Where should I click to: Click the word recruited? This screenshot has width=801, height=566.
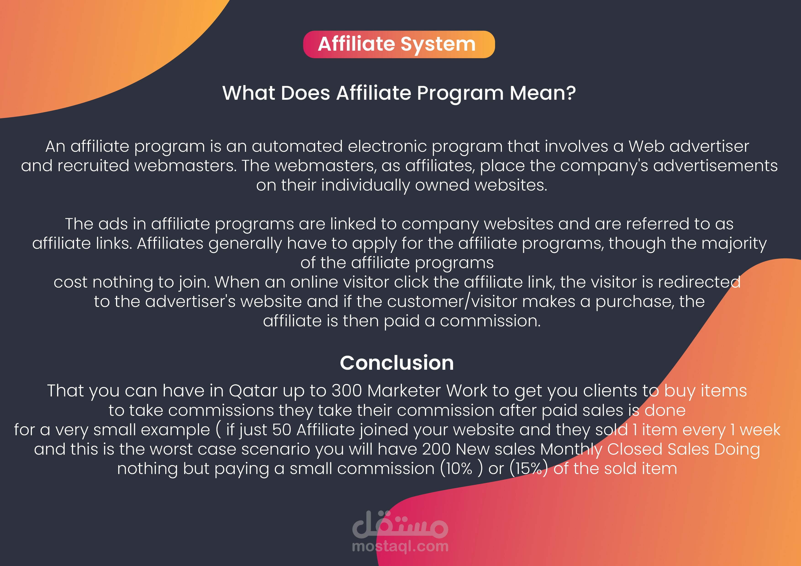(x=93, y=166)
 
